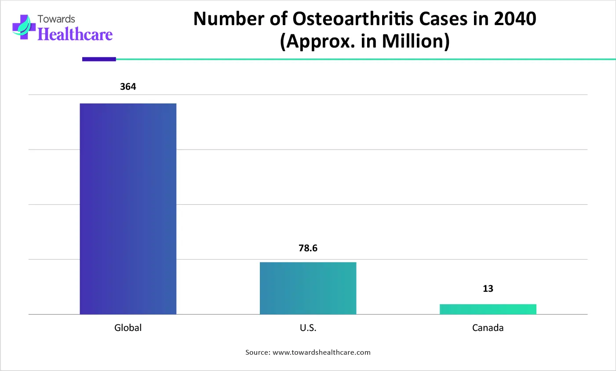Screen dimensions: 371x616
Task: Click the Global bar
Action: [128, 209]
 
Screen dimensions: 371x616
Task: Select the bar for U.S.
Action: [308, 288]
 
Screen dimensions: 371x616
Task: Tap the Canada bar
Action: [488, 309]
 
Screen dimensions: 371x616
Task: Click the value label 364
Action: [128, 87]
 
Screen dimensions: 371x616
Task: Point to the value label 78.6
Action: [308, 248]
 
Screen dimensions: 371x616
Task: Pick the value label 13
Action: [488, 289]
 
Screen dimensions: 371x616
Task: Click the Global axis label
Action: [128, 328]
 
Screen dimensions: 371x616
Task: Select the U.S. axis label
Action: [308, 328]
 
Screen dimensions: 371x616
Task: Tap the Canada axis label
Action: [488, 328]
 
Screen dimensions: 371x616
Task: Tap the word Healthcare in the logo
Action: [75, 34]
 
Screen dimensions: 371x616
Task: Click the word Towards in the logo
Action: [56, 19]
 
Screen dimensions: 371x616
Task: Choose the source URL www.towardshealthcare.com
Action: [321, 353]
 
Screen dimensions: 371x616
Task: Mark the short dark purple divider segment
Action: [99, 59]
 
